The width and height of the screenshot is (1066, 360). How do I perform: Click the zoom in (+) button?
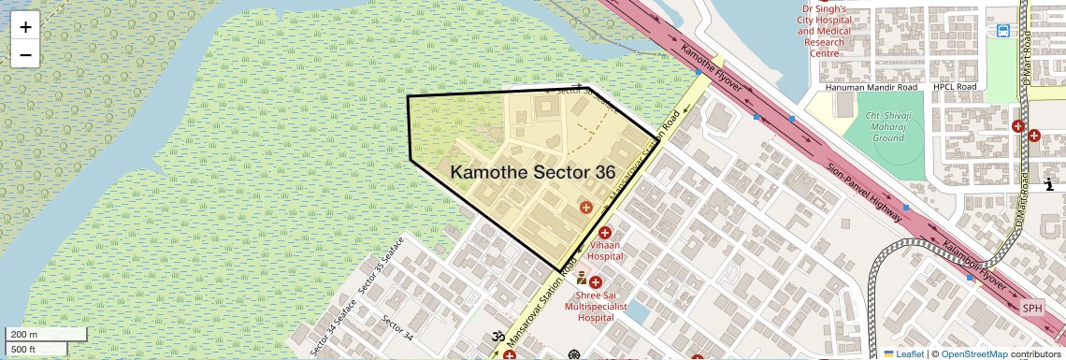click(25, 28)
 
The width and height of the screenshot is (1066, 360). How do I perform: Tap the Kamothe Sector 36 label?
click(533, 172)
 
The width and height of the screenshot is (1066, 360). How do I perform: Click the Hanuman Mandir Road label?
click(872, 87)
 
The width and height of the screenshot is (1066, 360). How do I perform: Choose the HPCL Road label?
click(954, 87)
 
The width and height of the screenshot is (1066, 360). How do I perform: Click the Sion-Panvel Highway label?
click(864, 193)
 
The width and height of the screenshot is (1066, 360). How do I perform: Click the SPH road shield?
click(1031, 309)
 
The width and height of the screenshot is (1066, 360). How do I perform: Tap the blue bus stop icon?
click(1002, 31)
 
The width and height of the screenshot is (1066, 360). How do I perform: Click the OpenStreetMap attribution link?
click(974, 353)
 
